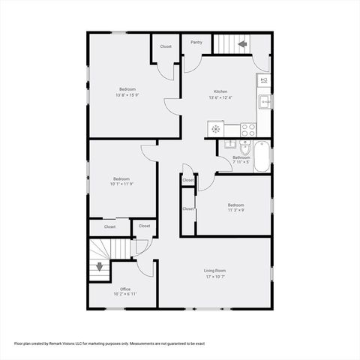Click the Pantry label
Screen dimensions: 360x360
(196, 42)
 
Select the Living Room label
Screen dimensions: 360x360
(215, 270)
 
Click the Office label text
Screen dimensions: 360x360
(125, 289)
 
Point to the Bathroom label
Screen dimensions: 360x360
(241, 157)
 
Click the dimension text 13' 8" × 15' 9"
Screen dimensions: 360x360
(126, 95)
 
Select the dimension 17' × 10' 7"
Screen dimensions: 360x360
(215, 277)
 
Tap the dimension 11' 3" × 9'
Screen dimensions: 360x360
(236, 211)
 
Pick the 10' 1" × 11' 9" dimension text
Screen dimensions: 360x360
(121, 184)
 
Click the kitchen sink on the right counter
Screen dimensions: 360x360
(264, 101)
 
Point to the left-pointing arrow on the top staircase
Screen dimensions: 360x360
(242, 44)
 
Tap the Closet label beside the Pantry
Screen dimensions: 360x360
(166, 46)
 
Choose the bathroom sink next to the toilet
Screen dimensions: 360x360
(232, 145)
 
